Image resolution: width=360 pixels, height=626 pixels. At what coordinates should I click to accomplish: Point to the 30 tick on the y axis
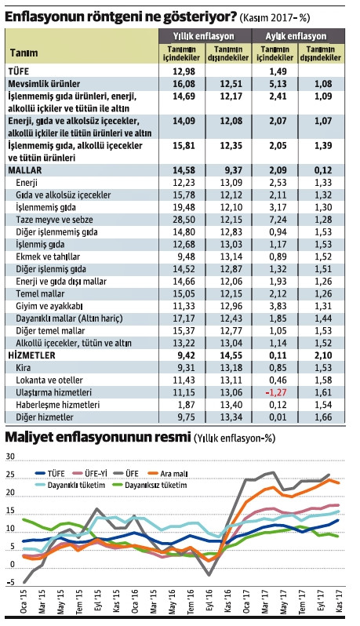point(10,455)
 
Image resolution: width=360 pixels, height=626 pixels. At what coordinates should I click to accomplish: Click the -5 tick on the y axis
point(10,582)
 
